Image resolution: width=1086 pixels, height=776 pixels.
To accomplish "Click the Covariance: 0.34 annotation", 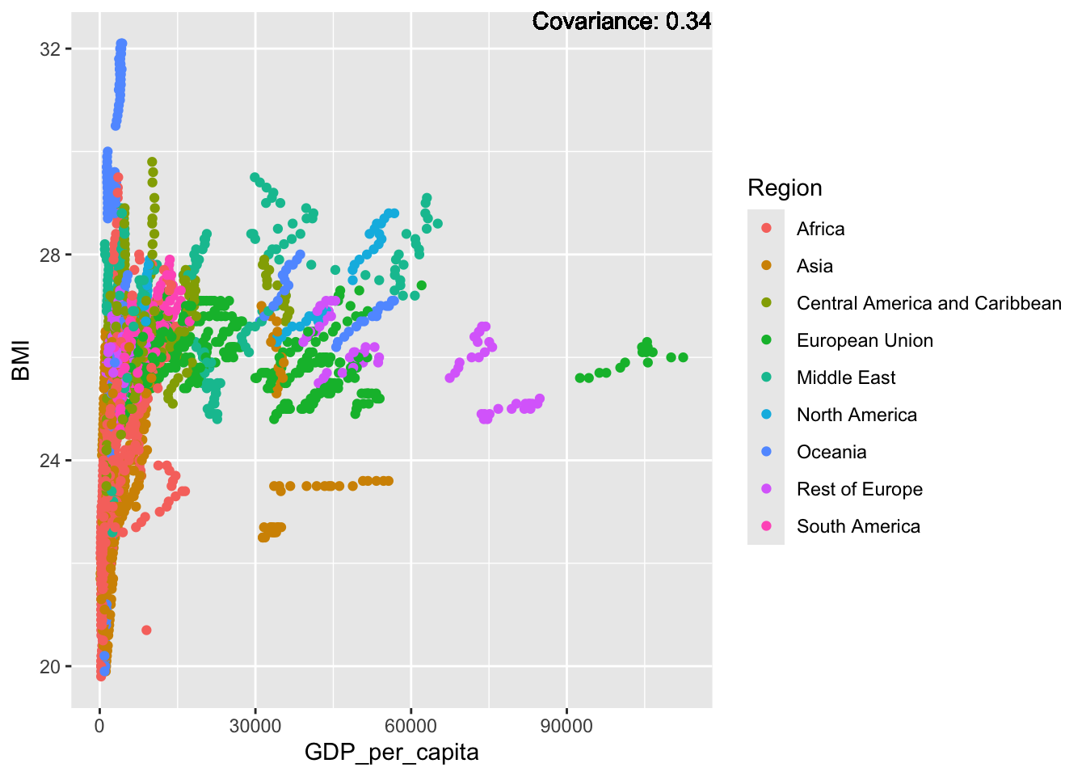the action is pyautogui.click(x=621, y=21).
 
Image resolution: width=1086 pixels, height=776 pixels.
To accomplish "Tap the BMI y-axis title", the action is pyautogui.click(x=21, y=361).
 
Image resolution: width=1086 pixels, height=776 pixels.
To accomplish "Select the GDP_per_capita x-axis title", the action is pyautogui.click(x=392, y=753).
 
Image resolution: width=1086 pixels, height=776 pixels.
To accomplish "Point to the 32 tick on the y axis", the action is pyautogui.click(x=50, y=49).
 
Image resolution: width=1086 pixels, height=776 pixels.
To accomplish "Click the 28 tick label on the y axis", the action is pyautogui.click(x=50, y=255).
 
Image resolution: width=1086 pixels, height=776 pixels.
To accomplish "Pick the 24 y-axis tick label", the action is pyautogui.click(x=50, y=461).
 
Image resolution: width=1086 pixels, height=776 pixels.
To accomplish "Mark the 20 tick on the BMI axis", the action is pyautogui.click(x=50, y=667).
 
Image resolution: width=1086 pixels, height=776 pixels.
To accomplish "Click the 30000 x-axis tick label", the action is pyautogui.click(x=255, y=726).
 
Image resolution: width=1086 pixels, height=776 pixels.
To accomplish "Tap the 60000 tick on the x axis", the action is pyautogui.click(x=411, y=726).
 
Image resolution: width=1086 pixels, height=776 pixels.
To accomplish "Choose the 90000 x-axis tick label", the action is pyautogui.click(x=566, y=726).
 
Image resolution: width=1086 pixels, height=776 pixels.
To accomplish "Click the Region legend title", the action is pyautogui.click(x=785, y=188).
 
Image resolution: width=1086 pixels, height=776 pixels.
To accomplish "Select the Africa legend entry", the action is pyautogui.click(x=820, y=229).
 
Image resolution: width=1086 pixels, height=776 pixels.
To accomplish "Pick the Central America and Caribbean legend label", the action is pyautogui.click(x=929, y=303).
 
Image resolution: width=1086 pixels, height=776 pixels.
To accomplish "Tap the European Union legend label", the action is pyautogui.click(x=865, y=340).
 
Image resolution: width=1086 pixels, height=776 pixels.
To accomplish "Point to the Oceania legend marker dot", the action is pyautogui.click(x=767, y=452).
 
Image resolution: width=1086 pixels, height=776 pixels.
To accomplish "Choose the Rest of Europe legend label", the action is pyautogui.click(x=860, y=489).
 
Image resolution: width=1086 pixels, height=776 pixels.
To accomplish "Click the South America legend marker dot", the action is pyautogui.click(x=767, y=525).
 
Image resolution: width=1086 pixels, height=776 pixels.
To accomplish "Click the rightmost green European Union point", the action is pyautogui.click(x=683, y=357).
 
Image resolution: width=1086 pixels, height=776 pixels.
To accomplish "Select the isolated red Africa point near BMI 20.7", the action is pyautogui.click(x=146, y=630).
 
